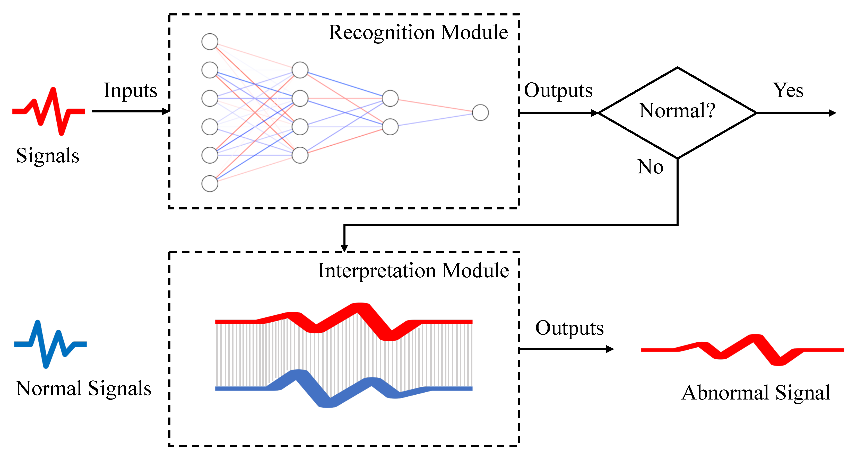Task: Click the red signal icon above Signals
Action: click(x=48, y=111)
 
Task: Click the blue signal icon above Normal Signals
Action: click(x=50, y=344)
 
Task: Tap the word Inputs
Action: click(x=130, y=91)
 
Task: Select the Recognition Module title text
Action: click(x=418, y=33)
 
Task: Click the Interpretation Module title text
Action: click(x=413, y=271)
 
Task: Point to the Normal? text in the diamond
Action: click(x=677, y=111)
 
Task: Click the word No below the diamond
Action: click(x=650, y=166)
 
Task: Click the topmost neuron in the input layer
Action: click(x=210, y=41)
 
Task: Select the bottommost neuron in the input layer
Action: click(x=210, y=183)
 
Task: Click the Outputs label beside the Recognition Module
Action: click(x=558, y=91)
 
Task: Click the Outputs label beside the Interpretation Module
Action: click(x=569, y=328)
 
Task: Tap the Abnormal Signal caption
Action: click(x=756, y=393)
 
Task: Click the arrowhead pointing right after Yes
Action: click(x=832, y=113)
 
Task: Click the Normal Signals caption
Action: click(x=83, y=389)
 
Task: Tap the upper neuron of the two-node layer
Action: click(x=390, y=98)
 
